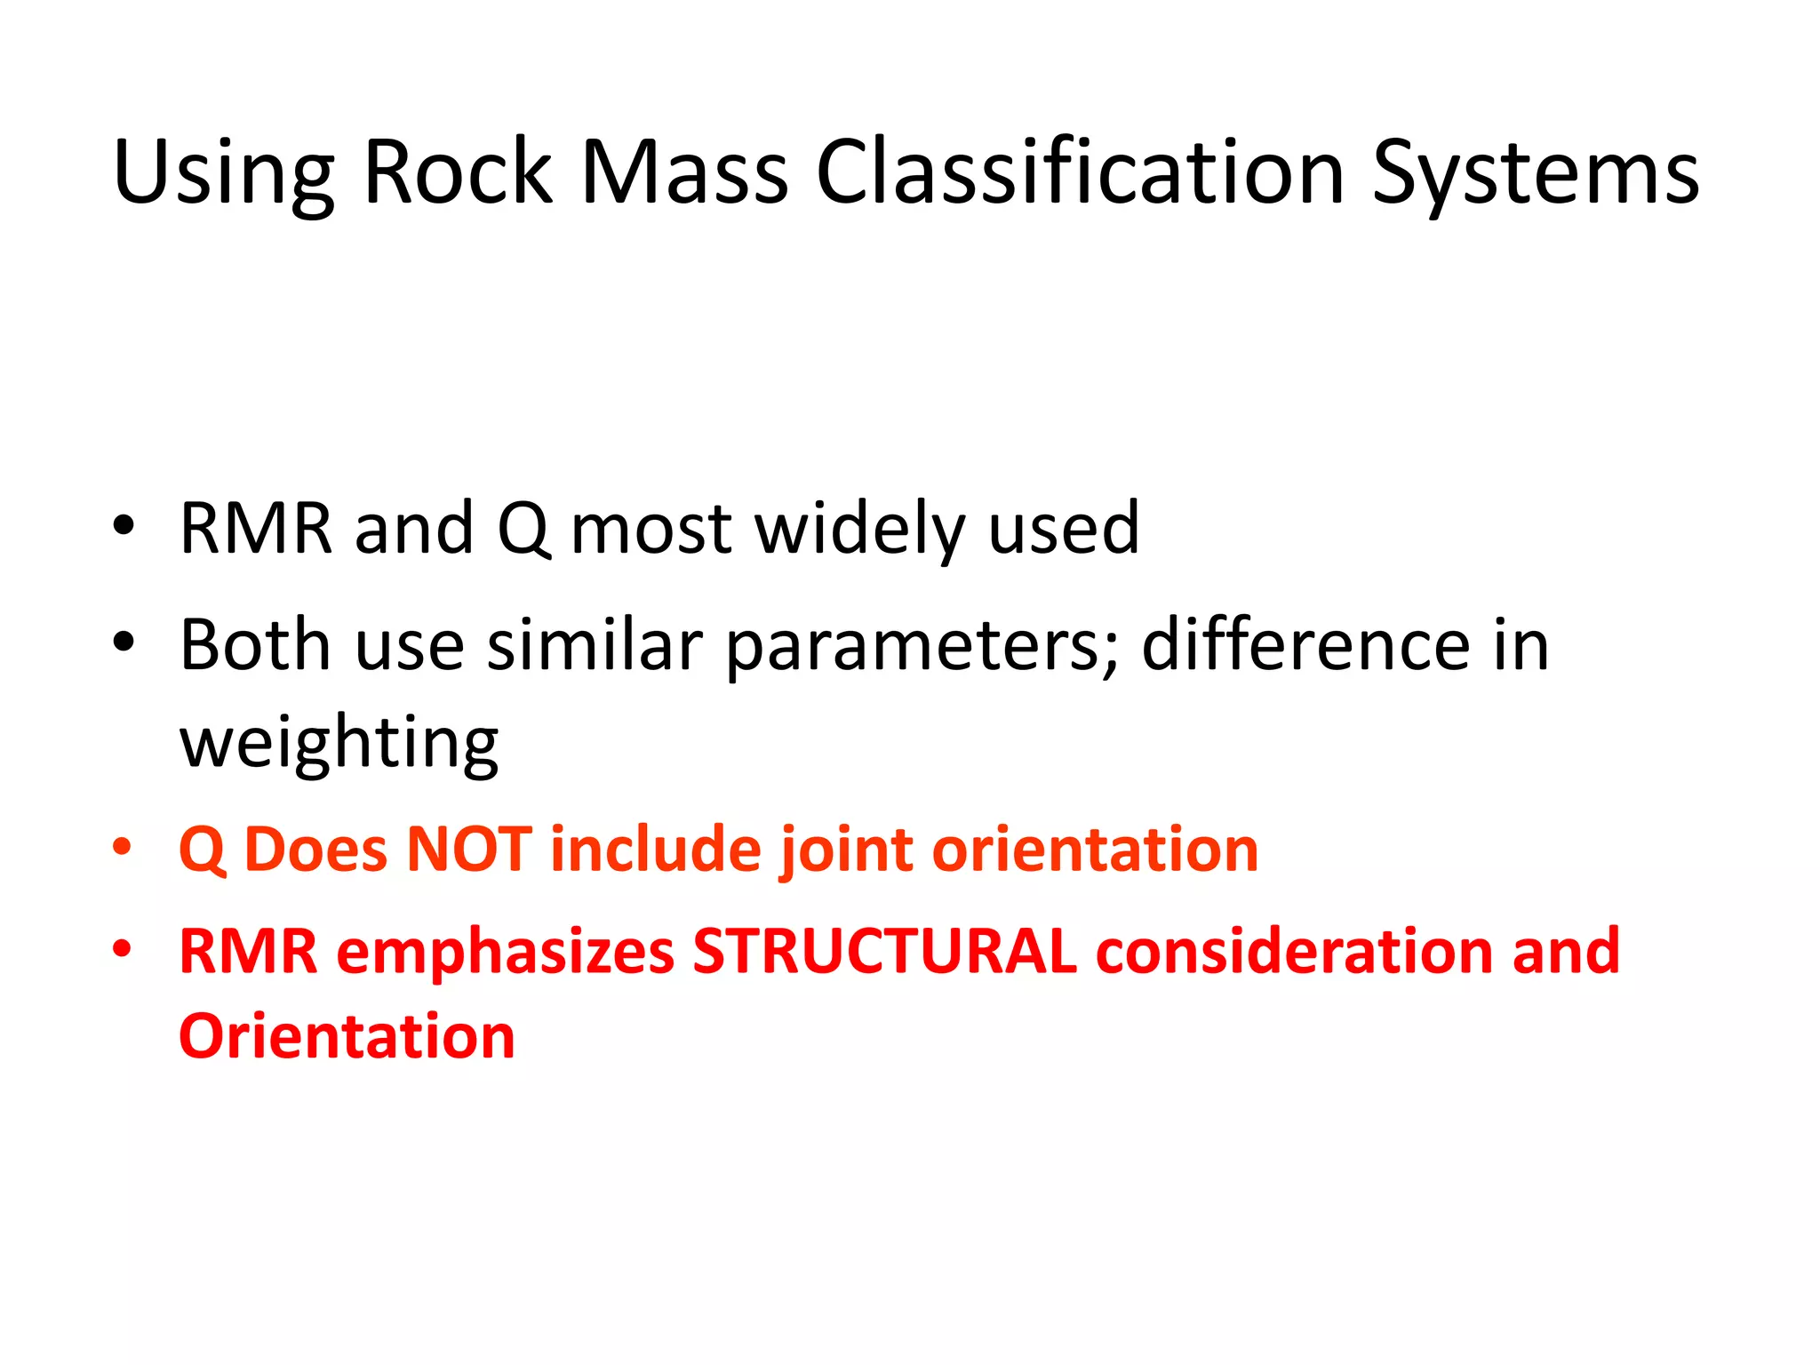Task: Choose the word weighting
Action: click(339, 745)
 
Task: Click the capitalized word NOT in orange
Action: click(468, 850)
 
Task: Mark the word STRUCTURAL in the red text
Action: click(884, 952)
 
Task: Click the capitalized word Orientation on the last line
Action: click(347, 1037)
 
